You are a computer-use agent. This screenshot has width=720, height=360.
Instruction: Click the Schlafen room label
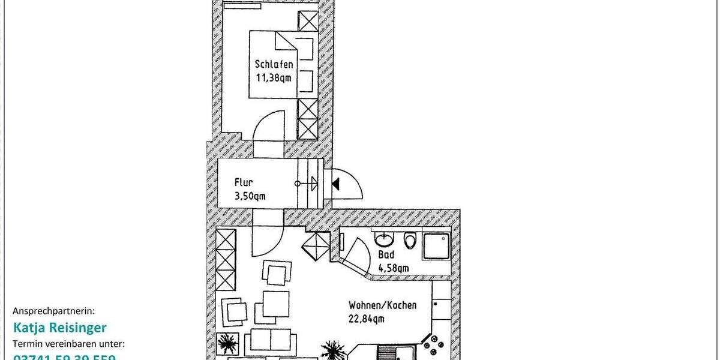(x=274, y=64)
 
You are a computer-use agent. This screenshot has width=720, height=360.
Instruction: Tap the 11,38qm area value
(x=274, y=77)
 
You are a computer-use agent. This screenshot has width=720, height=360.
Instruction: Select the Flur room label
(x=244, y=182)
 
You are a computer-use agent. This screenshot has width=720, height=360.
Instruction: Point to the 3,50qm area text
(x=250, y=196)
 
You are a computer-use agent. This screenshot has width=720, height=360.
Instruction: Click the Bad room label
(x=386, y=254)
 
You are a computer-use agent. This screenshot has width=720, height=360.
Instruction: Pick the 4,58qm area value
(x=393, y=268)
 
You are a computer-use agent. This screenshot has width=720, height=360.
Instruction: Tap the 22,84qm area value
(x=366, y=319)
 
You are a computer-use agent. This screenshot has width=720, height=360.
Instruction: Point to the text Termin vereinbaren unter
(x=68, y=344)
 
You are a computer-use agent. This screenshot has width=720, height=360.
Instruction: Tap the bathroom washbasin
(x=383, y=241)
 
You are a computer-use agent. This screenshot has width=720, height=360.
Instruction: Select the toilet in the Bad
(x=410, y=241)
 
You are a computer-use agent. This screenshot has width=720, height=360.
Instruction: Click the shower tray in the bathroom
(x=436, y=246)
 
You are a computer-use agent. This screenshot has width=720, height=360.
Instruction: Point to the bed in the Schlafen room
(x=282, y=64)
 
